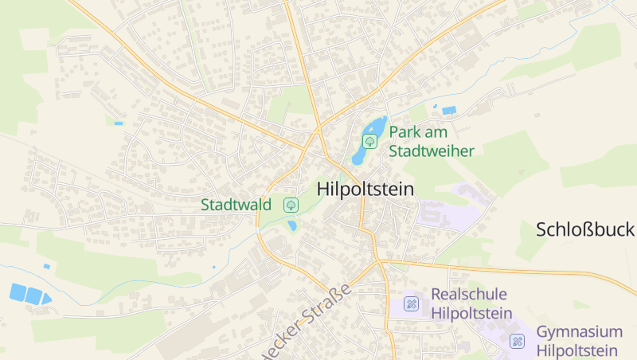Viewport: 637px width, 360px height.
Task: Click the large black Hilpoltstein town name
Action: [x=365, y=190]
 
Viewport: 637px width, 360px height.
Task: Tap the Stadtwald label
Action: [x=236, y=205]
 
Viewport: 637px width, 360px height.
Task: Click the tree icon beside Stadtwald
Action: [x=291, y=205]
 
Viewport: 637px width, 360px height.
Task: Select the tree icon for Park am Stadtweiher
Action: [x=369, y=141]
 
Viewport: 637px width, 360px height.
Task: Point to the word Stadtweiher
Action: [x=431, y=151]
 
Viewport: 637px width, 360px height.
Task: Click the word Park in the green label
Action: [x=404, y=132]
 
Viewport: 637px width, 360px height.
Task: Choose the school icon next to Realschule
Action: [x=411, y=303]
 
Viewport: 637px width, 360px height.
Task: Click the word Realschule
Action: [x=469, y=294]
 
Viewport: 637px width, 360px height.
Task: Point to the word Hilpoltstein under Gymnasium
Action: [x=577, y=350]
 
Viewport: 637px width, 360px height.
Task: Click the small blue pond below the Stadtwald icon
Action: [x=292, y=225]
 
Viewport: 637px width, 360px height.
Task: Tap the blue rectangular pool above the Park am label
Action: [x=449, y=110]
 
